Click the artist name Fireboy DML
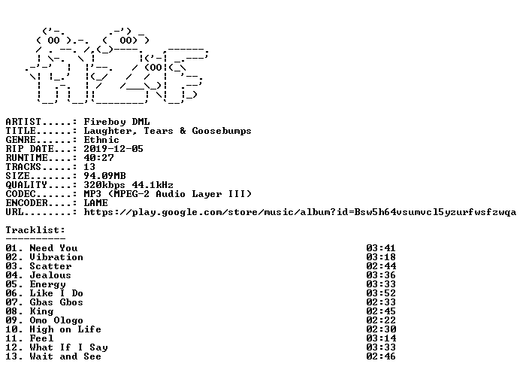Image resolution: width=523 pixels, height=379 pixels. (116, 122)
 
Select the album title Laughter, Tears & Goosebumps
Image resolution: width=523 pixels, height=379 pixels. (168, 131)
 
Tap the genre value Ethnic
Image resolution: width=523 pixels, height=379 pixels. (101, 140)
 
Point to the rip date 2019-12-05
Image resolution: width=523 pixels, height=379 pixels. (113, 149)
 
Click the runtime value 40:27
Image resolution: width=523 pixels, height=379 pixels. (98, 158)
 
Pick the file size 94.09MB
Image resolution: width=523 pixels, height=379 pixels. (104, 176)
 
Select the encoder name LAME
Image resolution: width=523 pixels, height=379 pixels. (95, 203)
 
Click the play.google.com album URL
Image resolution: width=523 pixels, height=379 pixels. (300, 212)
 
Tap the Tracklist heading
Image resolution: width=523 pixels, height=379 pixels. (35, 230)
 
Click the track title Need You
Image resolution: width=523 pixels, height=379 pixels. (53, 248)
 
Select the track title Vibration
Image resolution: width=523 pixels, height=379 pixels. (56, 257)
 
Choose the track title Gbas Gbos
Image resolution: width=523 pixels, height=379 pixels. (56, 302)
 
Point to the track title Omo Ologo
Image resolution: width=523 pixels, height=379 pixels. (56, 320)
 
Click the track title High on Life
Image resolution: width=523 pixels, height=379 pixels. (65, 329)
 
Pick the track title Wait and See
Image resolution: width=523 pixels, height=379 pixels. (65, 356)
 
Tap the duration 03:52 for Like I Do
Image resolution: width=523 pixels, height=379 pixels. (381, 293)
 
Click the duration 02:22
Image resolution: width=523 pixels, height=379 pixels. (381, 320)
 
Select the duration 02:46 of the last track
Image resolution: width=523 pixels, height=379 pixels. (381, 356)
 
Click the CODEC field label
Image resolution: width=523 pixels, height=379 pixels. (21, 194)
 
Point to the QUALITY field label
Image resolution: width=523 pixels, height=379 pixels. (26, 185)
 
